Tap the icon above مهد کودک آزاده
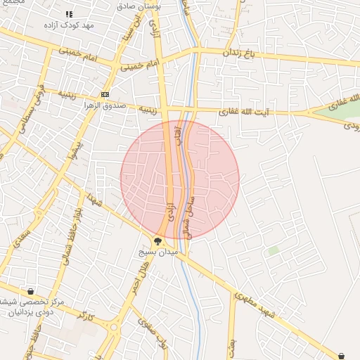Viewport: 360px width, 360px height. [69, 14]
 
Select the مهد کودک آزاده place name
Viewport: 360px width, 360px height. [68, 25]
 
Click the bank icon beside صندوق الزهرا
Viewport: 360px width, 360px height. [105, 94]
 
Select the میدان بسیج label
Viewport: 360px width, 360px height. [158, 251]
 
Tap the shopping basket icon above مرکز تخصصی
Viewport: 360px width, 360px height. [30, 291]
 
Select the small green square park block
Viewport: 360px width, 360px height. [273, 250]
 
